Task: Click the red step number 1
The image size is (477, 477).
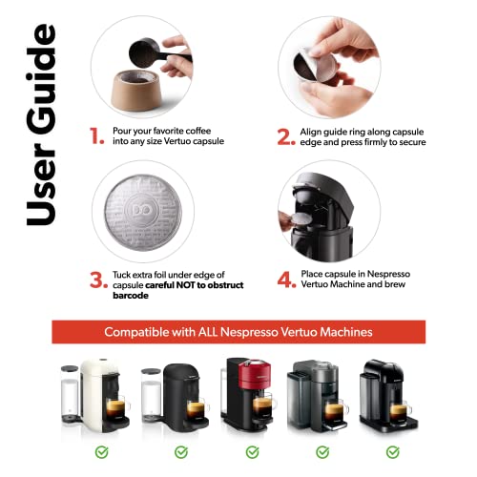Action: (96, 135)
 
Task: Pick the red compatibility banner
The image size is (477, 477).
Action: (238, 331)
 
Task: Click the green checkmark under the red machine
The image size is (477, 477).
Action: (252, 451)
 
